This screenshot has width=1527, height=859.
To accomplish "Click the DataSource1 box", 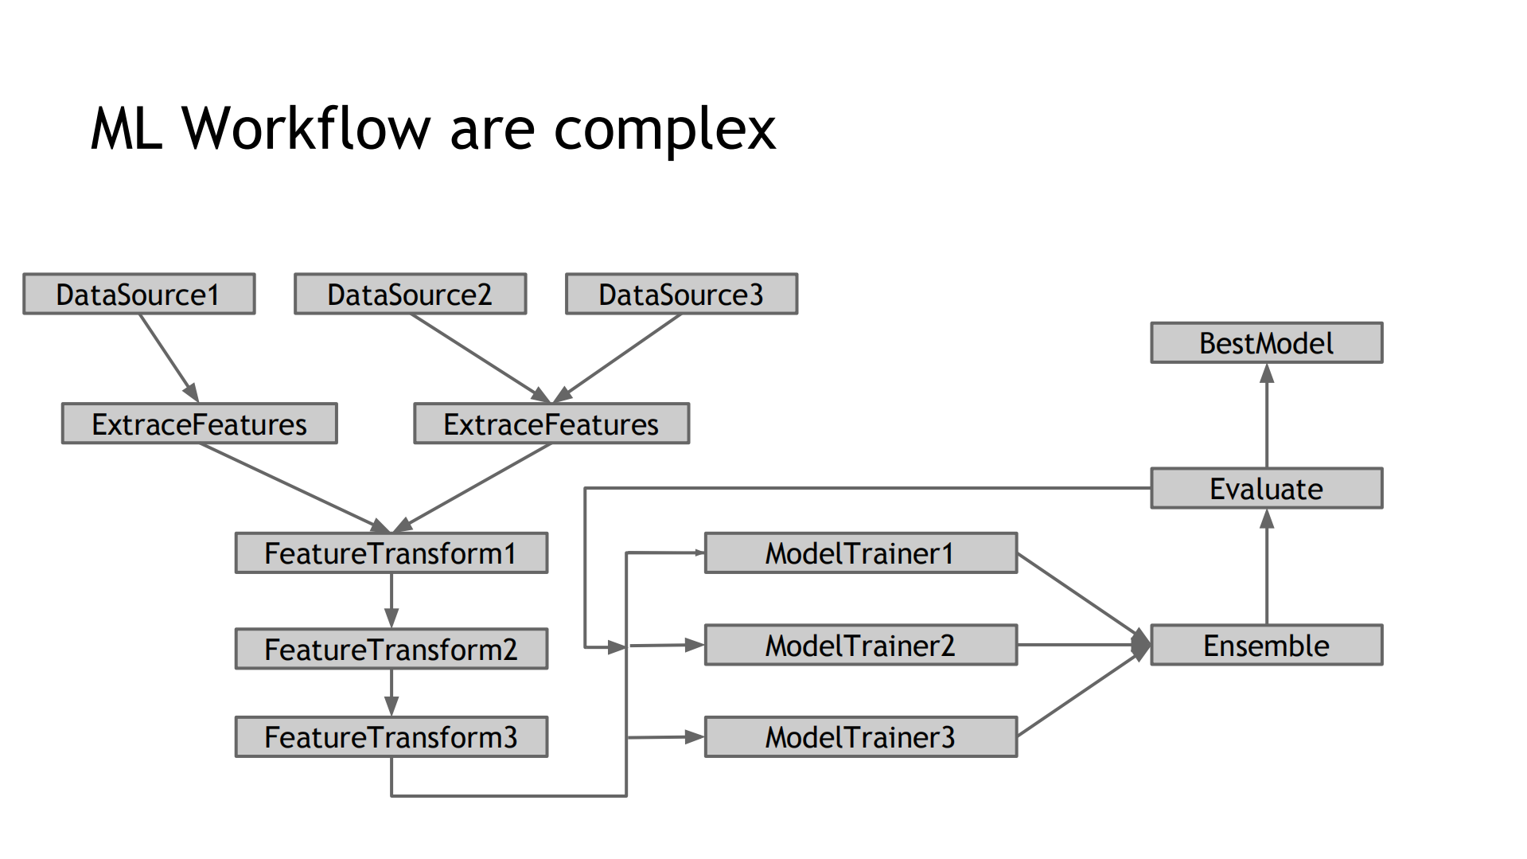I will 138,295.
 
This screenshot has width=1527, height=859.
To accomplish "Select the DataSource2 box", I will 410,295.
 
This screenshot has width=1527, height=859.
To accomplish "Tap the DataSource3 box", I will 681,295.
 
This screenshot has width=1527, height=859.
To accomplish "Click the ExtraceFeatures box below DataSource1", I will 199,424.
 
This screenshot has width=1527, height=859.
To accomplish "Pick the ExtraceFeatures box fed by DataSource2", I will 551,424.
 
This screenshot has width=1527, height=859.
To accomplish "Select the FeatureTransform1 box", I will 391,553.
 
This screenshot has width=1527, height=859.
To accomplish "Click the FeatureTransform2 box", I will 391,649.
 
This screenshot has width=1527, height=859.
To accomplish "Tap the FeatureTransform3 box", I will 391,737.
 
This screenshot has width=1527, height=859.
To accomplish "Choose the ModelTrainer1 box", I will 860,553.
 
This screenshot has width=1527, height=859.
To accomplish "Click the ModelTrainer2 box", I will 860,645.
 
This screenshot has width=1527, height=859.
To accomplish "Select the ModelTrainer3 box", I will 860,737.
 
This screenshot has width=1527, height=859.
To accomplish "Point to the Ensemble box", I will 1266,645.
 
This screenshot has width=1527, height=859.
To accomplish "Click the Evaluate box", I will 1266,488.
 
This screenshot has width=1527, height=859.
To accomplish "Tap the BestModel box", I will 1266,343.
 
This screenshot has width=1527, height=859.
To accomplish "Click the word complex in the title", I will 664,130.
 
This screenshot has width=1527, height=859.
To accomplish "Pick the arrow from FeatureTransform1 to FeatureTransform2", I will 391,600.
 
